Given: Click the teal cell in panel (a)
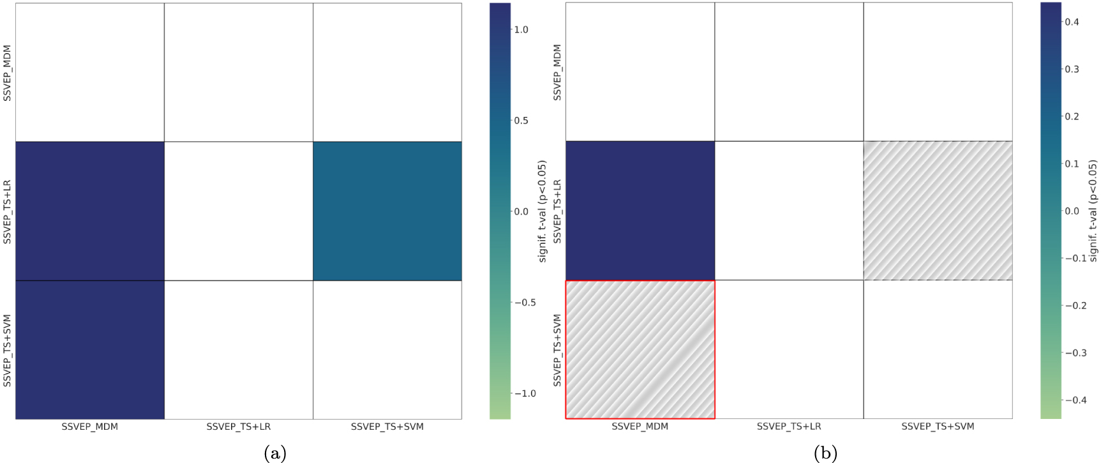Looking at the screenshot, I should click(x=387, y=211).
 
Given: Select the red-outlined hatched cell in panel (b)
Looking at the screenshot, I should click(x=640, y=349).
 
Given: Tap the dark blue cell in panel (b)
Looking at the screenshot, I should click(x=640, y=211).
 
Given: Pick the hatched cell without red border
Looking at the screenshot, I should click(x=938, y=211).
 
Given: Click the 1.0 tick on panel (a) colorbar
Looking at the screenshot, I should click(x=521, y=29).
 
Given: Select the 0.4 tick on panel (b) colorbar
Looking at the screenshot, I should click(x=1072, y=22).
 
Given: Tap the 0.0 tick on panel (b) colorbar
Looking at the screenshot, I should click(x=1072, y=211).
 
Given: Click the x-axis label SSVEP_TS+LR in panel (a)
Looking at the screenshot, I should click(x=238, y=427).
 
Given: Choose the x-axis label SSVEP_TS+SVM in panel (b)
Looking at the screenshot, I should click(x=938, y=426).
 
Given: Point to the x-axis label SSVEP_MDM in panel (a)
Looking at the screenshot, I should click(x=89, y=427).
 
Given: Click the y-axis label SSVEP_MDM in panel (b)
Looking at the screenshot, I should click(x=557, y=72).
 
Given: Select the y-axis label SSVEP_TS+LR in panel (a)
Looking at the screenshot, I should click(x=8, y=211).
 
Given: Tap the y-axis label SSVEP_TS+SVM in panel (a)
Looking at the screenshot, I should click(x=8, y=350).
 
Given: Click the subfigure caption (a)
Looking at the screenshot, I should click(x=275, y=453).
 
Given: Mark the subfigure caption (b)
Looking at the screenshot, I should click(x=825, y=453).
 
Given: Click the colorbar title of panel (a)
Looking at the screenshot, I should click(x=543, y=211).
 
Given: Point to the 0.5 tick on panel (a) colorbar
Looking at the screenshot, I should click(x=521, y=121).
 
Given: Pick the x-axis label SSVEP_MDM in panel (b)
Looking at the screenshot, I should click(x=640, y=426).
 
